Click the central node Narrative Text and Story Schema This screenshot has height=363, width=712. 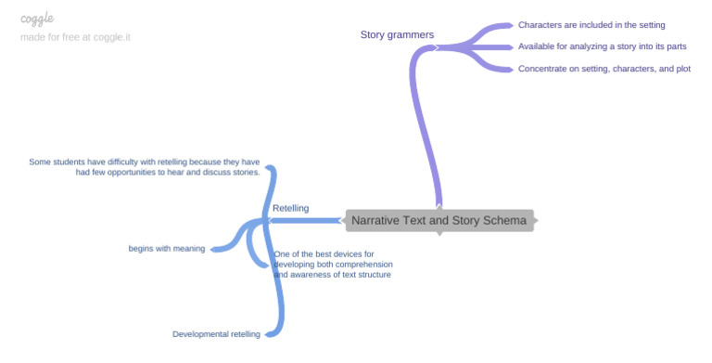click(439, 221)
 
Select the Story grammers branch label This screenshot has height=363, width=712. click(397, 35)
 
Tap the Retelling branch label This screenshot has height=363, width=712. click(291, 208)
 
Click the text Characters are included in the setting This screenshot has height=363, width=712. click(591, 25)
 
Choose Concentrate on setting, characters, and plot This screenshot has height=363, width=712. click(604, 69)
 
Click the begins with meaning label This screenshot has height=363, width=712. click(167, 249)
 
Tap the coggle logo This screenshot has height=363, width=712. click(37, 19)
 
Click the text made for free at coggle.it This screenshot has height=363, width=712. click(76, 37)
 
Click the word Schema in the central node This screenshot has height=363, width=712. click(505, 221)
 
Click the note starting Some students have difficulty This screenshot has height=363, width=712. click(145, 167)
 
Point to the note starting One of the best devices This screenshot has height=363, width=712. click(332, 264)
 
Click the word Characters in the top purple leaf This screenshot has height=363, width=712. click(542, 25)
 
